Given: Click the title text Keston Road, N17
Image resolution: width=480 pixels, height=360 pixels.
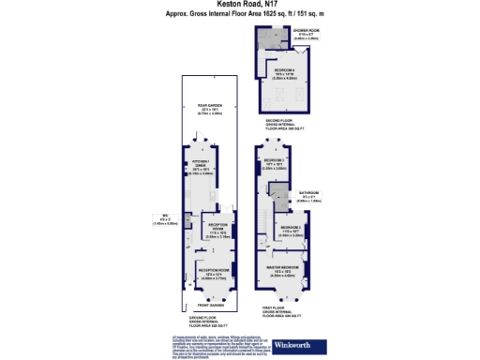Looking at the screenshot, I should tap(239, 7).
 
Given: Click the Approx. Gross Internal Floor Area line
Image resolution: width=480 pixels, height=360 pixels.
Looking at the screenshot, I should tap(239, 15).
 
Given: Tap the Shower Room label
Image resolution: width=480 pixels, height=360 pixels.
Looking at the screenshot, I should tap(303, 33).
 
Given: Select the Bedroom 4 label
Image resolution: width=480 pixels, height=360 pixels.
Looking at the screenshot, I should tap(287, 71).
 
